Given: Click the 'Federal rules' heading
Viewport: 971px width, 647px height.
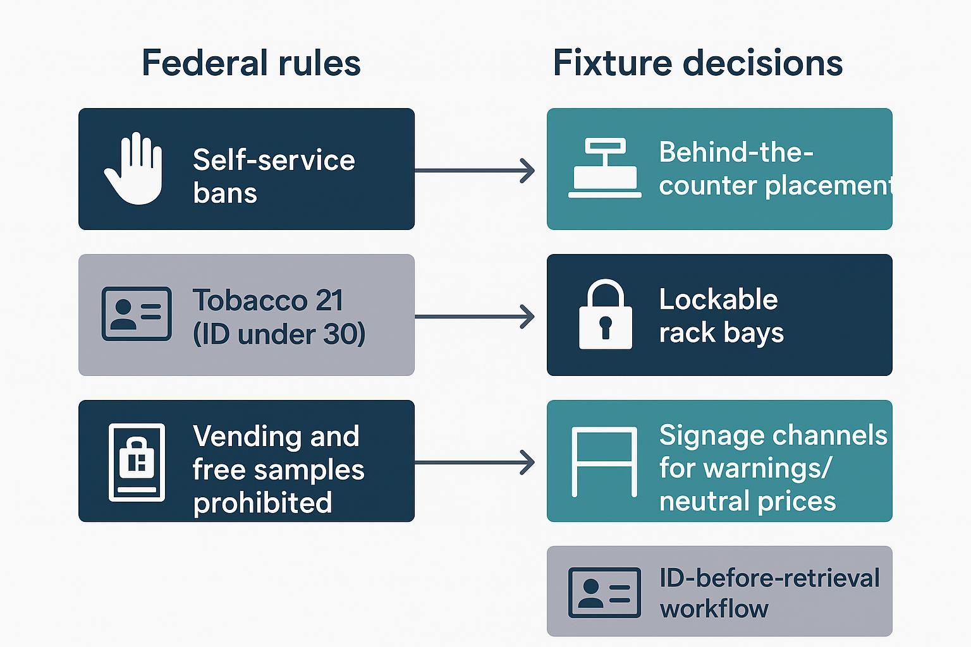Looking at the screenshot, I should coord(251,63).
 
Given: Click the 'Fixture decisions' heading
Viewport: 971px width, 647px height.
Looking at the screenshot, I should coord(697,63).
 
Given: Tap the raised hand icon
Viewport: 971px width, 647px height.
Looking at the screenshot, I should coord(133,169).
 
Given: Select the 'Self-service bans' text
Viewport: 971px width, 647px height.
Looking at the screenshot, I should coord(273,176).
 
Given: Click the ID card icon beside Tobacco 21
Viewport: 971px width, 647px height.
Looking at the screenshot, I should coord(137,314).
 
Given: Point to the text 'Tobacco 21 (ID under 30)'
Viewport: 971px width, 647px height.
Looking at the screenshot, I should coord(278,317).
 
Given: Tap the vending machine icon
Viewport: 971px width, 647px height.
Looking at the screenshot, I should coord(137,462).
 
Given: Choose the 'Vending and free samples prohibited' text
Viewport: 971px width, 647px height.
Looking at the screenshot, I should coord(278,469).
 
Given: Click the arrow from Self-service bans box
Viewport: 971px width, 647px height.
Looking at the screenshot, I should coord(474,171).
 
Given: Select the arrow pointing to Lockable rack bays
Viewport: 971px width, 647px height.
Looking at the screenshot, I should coord(474,317).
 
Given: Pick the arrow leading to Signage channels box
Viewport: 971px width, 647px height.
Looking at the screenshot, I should coord(474,463).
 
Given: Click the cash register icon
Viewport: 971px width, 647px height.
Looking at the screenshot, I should coord(605,168).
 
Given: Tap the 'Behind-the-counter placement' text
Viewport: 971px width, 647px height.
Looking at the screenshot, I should coord(774,169).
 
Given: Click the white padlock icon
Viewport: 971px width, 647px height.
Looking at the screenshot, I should coord(606,315).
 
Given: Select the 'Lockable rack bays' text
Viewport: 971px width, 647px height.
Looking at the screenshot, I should coord(721,315).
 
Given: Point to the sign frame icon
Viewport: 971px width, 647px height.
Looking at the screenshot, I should coord(604,461).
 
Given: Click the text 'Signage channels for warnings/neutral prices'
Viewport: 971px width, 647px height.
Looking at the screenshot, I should coord(773,468).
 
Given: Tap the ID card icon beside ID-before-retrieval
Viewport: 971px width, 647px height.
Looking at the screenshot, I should coord(604,592).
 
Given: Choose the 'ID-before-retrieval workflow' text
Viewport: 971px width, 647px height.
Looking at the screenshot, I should coord(769,593).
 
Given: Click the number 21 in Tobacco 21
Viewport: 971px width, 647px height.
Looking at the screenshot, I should coord(329,300).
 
